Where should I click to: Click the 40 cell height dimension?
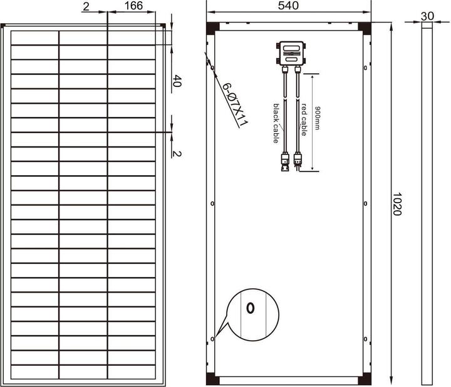[x=177, y=81]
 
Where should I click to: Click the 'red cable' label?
[x=304, y=119]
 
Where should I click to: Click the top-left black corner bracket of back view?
[x=214, y=28]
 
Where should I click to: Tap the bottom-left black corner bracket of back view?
[x=214, y=379]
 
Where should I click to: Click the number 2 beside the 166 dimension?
[x=85, y=6]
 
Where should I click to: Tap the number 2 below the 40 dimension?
[x=177, y=153]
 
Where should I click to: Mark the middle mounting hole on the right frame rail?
[x=365, y=203]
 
